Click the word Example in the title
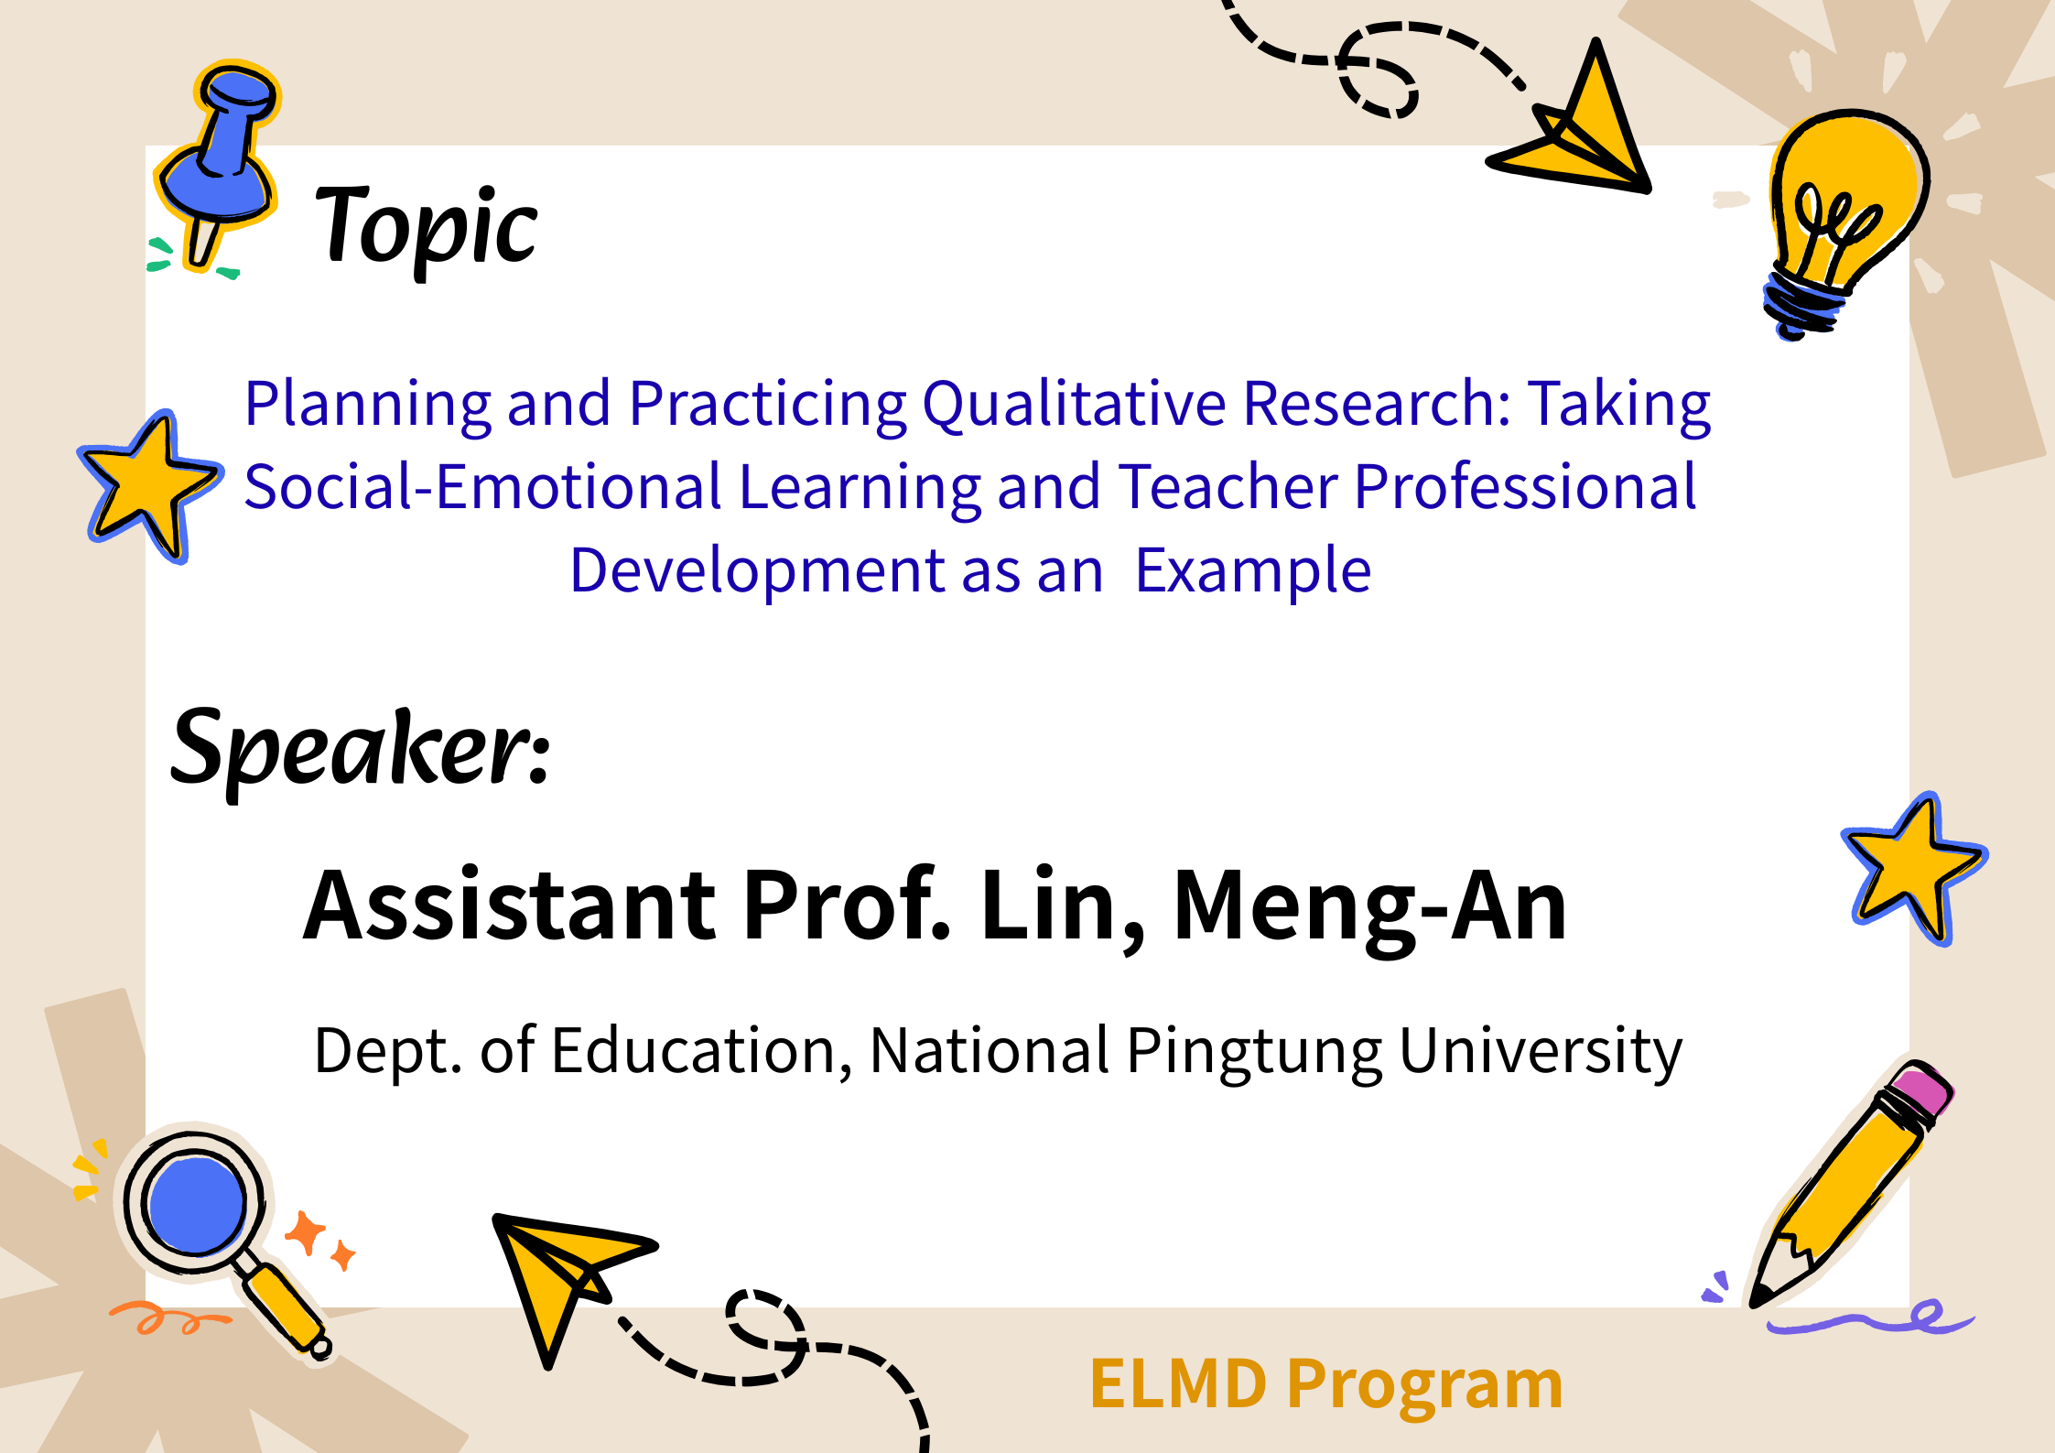point(1252,572)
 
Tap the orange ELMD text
point(1179,1383)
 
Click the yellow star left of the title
point(151,485)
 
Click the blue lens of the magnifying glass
point(196,1205)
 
